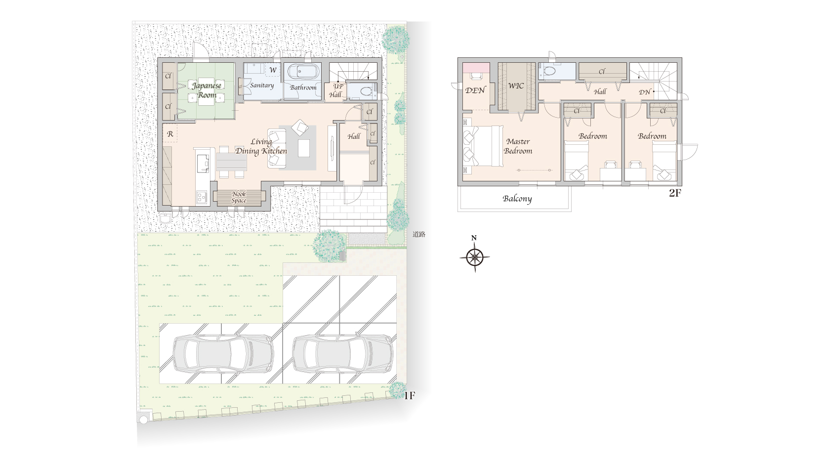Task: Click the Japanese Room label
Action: pos(207,90)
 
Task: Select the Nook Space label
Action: pos(239,197)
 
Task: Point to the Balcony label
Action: pos(517,199)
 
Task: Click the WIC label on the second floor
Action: pos(516,86)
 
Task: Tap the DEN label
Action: pos(475,90)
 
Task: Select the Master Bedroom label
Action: pos(518,146)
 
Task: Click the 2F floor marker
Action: pos(675,193)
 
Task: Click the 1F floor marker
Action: pos(410,396)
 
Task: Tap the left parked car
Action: pos(223,353)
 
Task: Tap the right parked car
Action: pos(343,353)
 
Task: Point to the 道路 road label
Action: pos(419,234)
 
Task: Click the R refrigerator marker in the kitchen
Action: pos(170,134)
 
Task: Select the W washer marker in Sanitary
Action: pos(273,70)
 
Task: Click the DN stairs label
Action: pos(644,92)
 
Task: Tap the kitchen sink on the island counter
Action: pos(203,164)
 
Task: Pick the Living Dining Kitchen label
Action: pos(261,146)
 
